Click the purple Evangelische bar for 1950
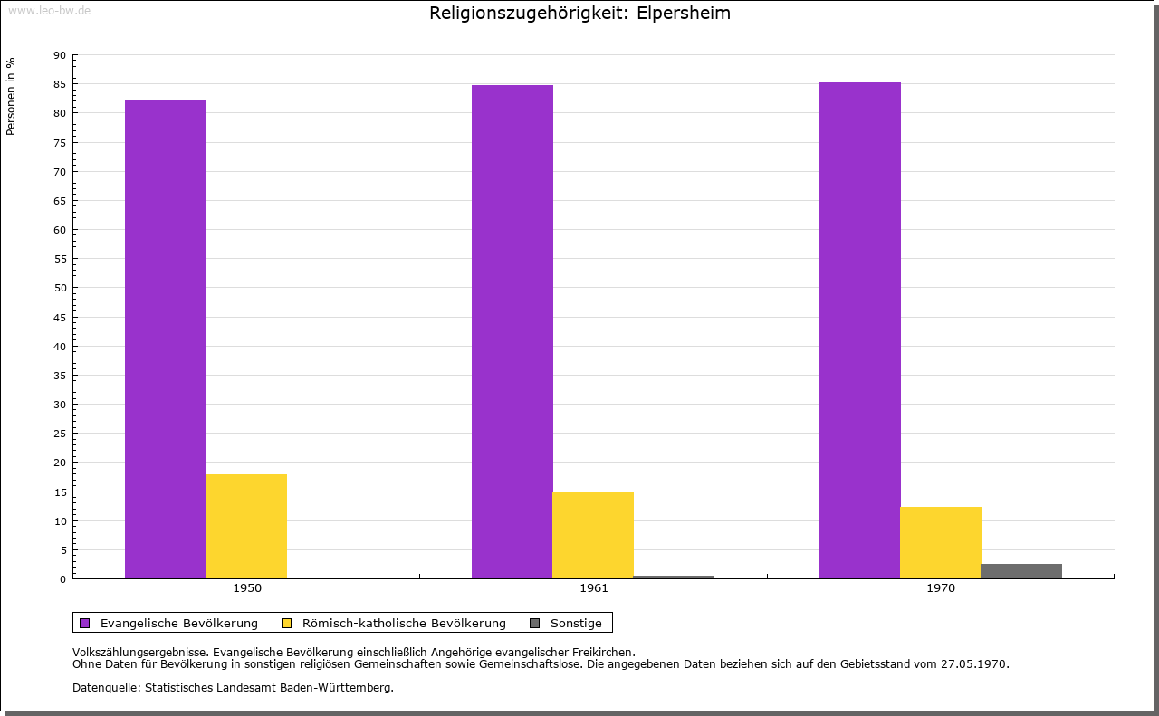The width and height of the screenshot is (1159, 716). (x=166, y=339)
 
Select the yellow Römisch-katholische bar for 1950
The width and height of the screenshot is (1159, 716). (x=246, y=526)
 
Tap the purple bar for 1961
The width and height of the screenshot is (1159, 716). (x=512, y=331)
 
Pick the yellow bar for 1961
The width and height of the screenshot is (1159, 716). (x=593, y=535)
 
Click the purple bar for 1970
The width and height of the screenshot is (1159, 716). (x=859, y=330)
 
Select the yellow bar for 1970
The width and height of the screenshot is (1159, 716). (x=940, y=542)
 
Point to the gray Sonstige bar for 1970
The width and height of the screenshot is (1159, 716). (x=1021, y=571)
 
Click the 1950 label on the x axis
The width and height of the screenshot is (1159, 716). (x=247, y=588)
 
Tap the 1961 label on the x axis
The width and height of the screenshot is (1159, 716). (x=594, y=588)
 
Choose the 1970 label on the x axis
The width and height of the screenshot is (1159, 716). (x=941, y=588)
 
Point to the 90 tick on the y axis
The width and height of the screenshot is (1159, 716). (x=60, y=55)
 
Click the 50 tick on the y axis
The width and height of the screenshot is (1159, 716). (x=60, y=288)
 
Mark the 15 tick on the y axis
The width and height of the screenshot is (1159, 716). (x=60, y=492)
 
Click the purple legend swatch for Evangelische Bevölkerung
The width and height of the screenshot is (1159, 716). (x=85, y=623)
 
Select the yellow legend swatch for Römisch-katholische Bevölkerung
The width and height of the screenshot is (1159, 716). (x=287, y=623)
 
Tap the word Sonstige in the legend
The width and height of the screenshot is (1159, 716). (x=576, y=623)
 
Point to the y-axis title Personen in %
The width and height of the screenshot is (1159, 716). (x=11, y=96)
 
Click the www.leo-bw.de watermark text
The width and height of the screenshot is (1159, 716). (x=49, y=9)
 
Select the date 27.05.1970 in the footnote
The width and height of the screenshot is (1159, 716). (x=973, y=663)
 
